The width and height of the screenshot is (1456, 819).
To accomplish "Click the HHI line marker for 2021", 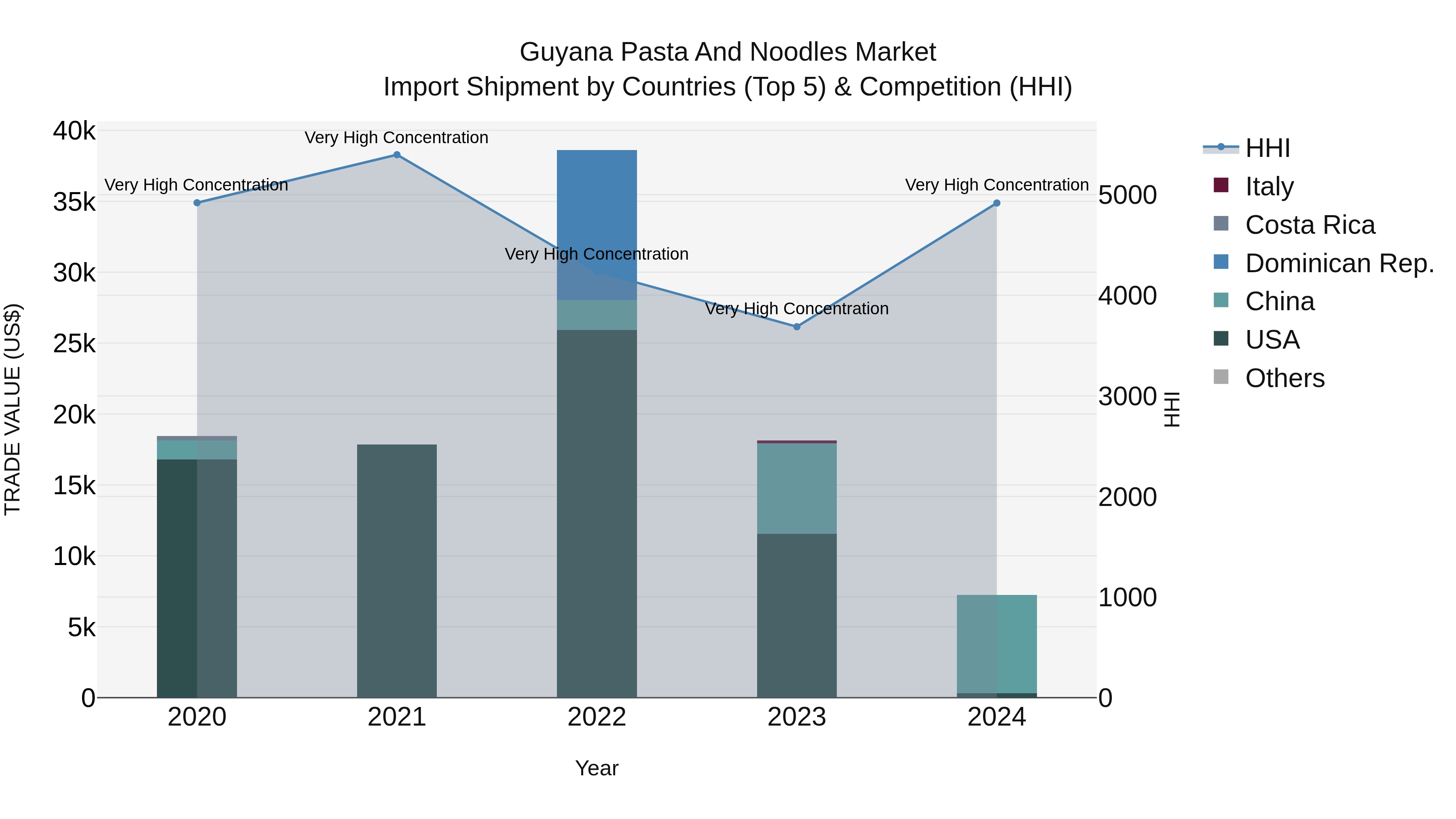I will click(397, 155).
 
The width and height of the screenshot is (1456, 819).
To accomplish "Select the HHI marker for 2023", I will click(797, 327).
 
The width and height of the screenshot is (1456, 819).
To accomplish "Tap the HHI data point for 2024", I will click(997, 203).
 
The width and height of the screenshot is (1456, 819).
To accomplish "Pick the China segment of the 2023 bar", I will click(797, 489).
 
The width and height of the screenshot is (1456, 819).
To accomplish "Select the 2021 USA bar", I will click(397, 571).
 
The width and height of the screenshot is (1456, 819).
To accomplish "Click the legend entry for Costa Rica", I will click(1310, 225).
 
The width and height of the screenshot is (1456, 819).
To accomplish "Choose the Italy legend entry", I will click(1269, 186).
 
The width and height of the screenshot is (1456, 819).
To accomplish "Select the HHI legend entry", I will click(1267, 148).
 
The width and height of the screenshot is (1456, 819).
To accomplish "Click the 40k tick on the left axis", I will click(74, 131).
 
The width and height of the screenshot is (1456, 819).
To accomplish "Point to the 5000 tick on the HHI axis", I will click(1128, 196).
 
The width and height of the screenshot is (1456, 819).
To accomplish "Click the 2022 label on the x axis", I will click(597, 717).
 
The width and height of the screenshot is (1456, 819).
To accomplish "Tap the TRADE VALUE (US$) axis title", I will click(13, 409).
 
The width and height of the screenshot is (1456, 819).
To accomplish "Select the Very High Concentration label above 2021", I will click(396, 138).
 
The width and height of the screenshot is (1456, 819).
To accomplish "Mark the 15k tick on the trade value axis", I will click(74, 485).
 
